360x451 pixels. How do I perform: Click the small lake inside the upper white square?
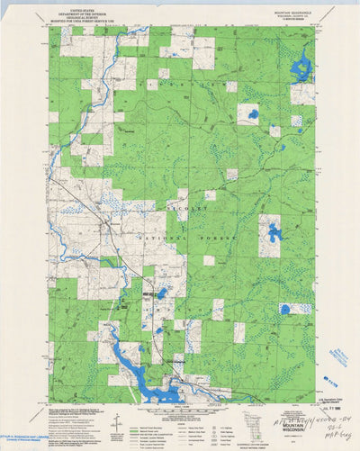(x=253, y=114)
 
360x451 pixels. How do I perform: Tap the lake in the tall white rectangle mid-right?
(x=274, y=234)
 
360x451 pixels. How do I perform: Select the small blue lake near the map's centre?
(x=162, y=293)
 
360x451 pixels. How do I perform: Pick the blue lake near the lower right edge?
(x=286, y=309)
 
